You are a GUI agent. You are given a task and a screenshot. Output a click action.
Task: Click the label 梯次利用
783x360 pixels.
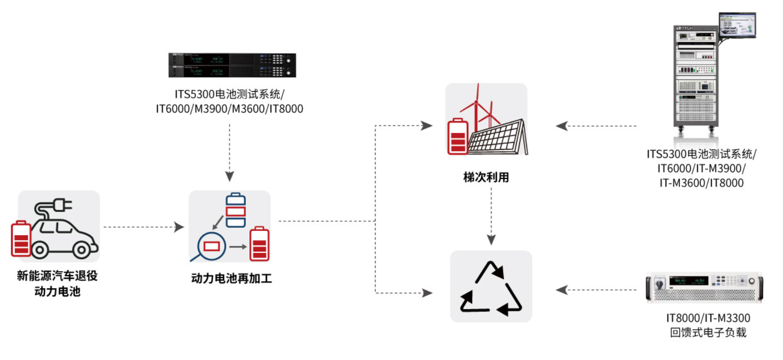(x=486, y=178)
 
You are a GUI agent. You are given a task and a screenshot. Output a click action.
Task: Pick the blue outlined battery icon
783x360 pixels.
(x=236, y=210)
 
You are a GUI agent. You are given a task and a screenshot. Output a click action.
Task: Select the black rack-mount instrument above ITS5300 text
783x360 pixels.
(x=232, y=65)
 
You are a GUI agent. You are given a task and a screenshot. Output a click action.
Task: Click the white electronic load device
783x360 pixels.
(x=705, y=288)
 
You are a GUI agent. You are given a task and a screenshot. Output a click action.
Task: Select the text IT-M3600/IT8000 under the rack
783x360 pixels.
(x=701, y=182)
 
